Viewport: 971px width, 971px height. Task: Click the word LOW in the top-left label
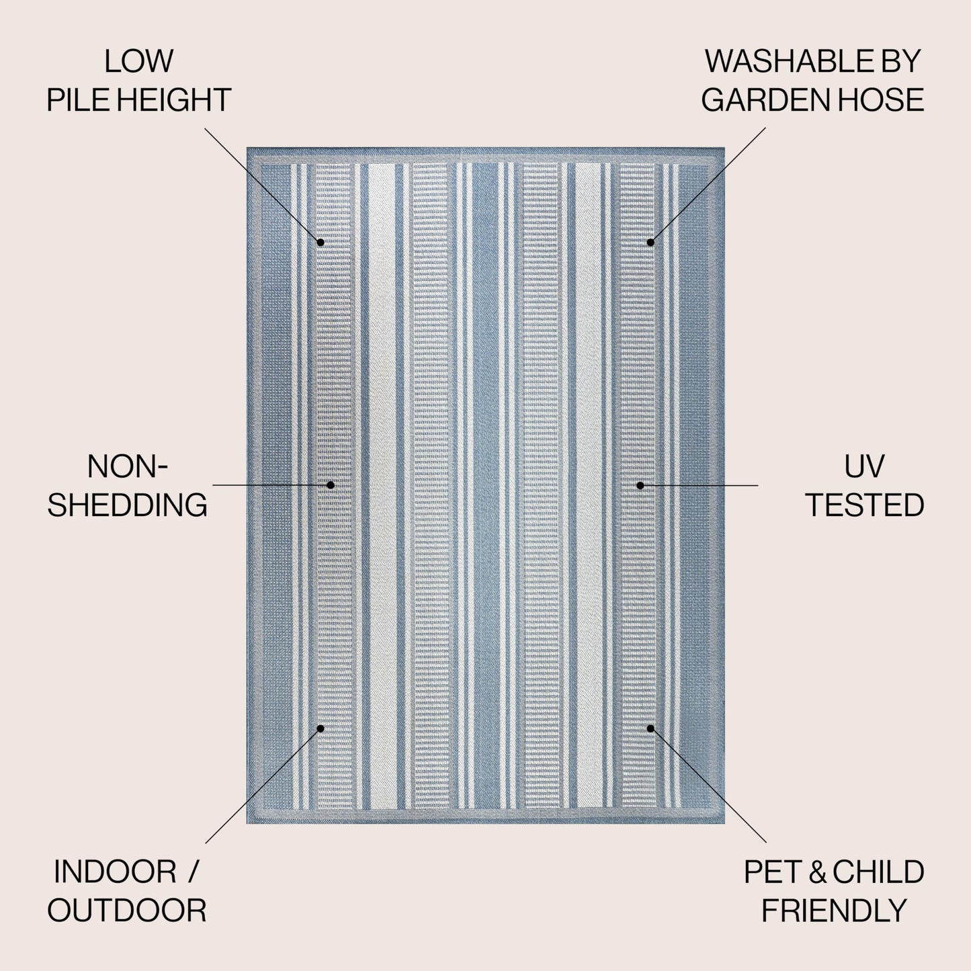pyautogui.click(x=138, y=61)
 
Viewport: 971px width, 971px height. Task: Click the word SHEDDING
pyautogui.click(x=127, y=505)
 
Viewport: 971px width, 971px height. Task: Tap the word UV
pyautogui.click(x=864, y=466)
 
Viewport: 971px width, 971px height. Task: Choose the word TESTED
pyautogui.click(x=865, y=505)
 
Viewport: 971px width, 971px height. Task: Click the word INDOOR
pyautogui.click(x=115, y=872)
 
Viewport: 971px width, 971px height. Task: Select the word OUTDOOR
pyautogui.click(x=127, y=911)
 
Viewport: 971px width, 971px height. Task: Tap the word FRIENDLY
pyautogui.click(x=834, y=911)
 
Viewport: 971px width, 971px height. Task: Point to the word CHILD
pyautogui.click(x=878, y=872)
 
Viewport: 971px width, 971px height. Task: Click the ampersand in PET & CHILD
pyautogui.click(x=818, y=872)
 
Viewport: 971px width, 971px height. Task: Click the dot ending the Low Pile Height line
pyautogui.click(x=321, y=243)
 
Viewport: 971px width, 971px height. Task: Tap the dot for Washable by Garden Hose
pyautogui.click(x=650, y=243)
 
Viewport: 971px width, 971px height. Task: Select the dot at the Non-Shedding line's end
pyautogui.click(x=331, y=484)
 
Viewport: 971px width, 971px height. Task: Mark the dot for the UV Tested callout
pyautogui.click(x=640, y=485)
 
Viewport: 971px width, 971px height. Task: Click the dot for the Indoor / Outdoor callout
pyautogui.click(x=321, y=728)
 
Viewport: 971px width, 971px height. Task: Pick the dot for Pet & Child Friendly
pyautogui.click(x=650, y=728)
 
